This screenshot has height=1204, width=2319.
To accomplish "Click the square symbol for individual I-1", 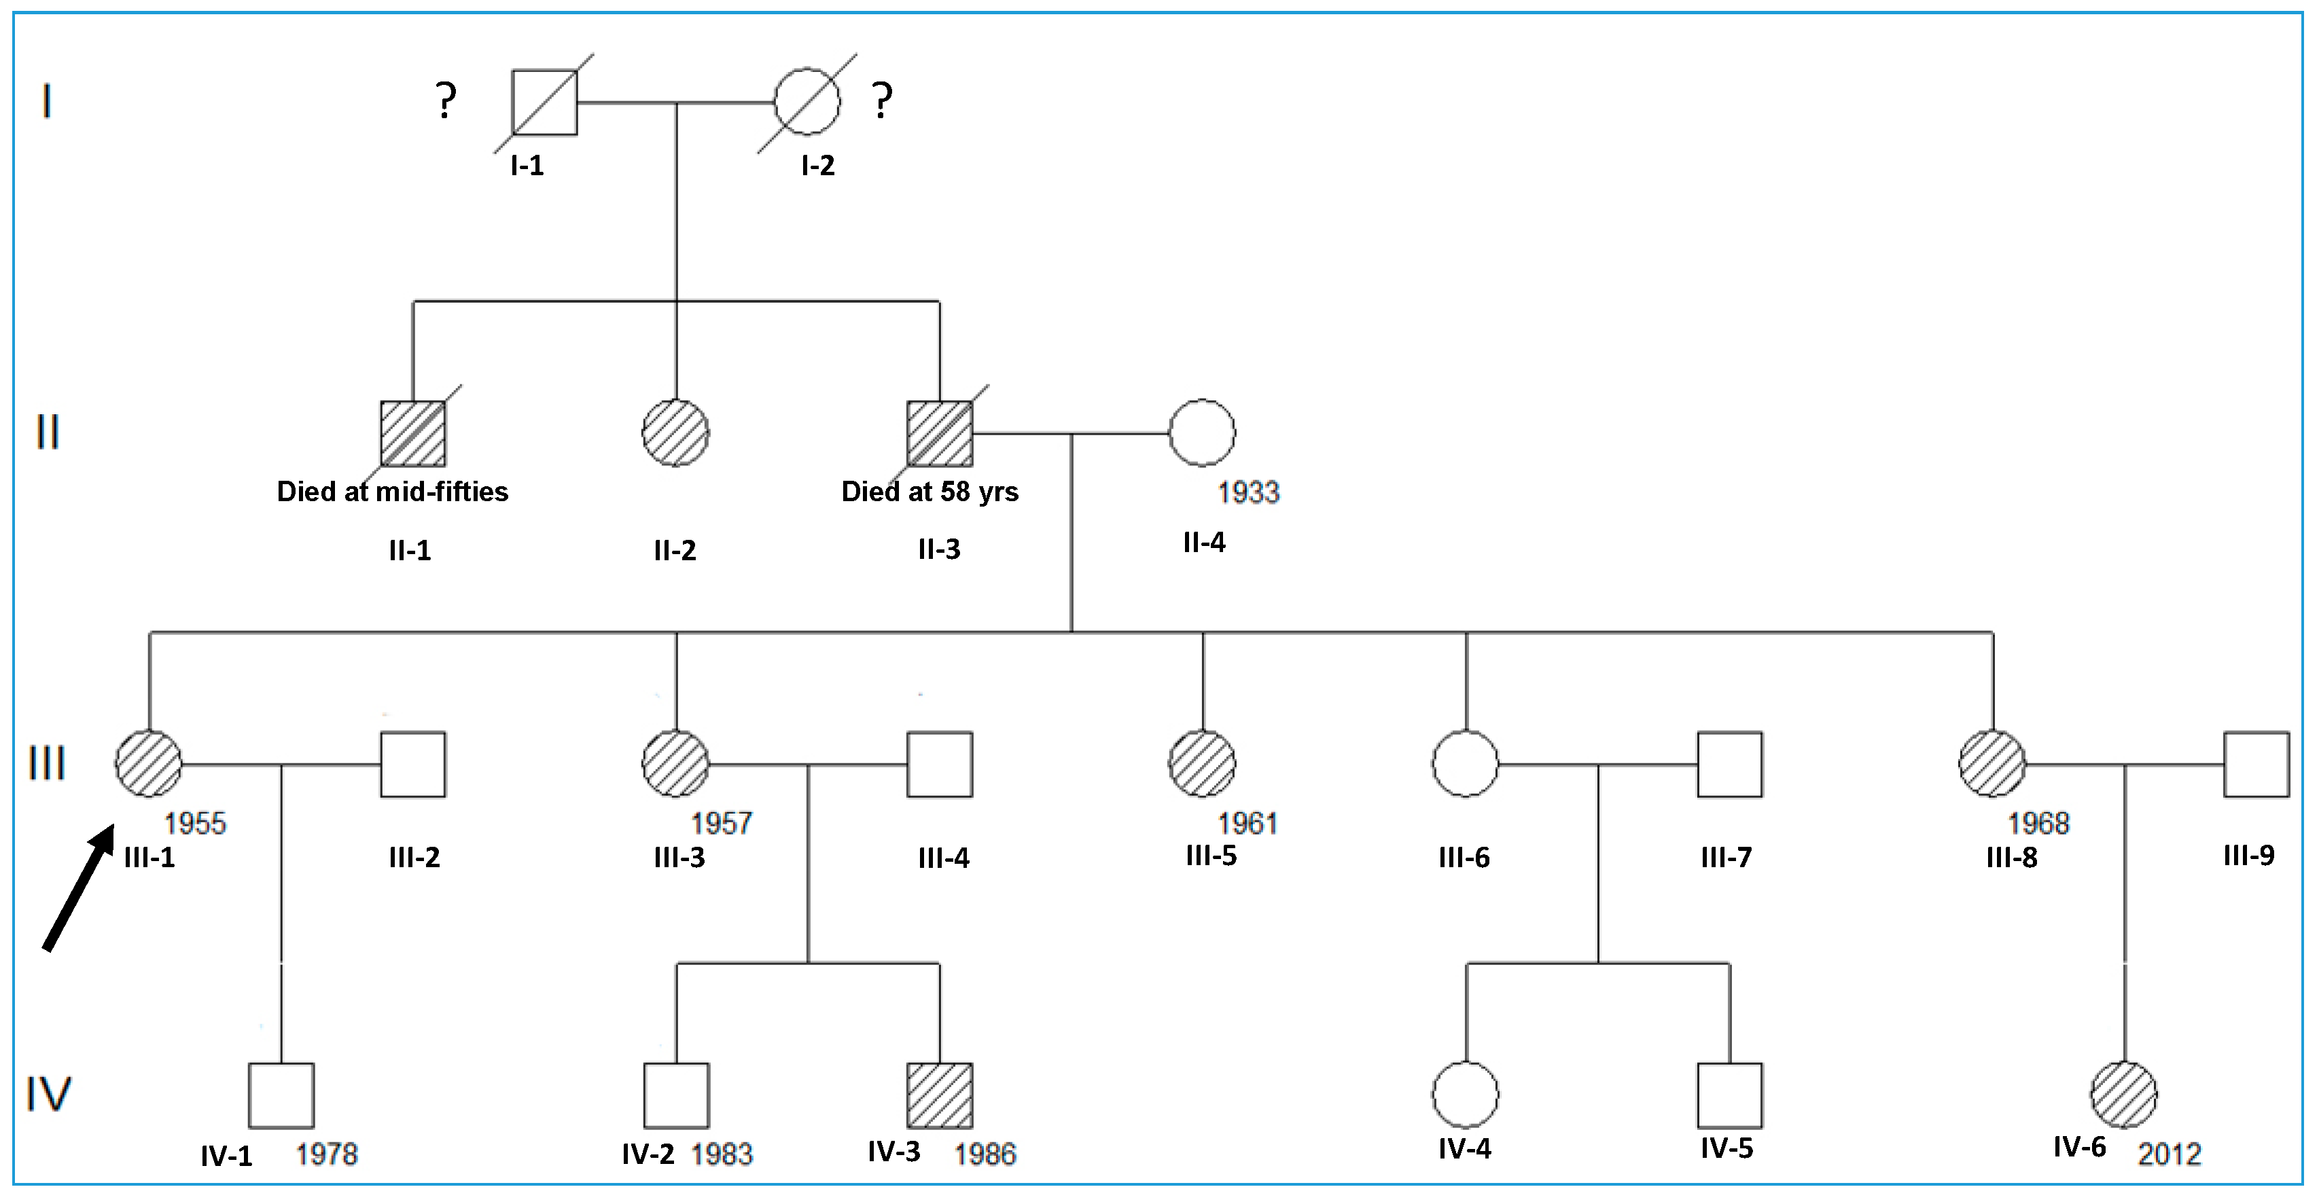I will (x=544, y=103).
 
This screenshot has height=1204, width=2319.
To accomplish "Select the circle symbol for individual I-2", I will (x=807, y=102).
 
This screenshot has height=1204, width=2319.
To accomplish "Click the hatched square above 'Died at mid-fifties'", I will (x=412, y=434).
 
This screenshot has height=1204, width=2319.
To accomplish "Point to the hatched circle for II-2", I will (x=675, y=433).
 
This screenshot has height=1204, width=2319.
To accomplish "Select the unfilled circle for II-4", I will (x=1202, y=433).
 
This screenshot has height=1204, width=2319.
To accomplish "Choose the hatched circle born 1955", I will (x=149, y=764).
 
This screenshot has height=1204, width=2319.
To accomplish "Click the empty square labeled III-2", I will (x=412, y=764).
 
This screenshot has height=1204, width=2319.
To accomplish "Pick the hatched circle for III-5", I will (x=1202, y=764).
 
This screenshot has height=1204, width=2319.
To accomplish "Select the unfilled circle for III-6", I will (x=1465, y=764).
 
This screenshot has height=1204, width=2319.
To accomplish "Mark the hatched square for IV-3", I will (x=939, y=1095).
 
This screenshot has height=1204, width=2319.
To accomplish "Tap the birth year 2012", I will (x=2169, y=1154).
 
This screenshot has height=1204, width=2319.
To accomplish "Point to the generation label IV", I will (x=48, y=1094).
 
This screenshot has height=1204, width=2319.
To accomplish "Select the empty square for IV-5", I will (x=1729, y=1095).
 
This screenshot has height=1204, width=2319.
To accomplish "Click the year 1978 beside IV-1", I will (x=326, y=1154).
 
